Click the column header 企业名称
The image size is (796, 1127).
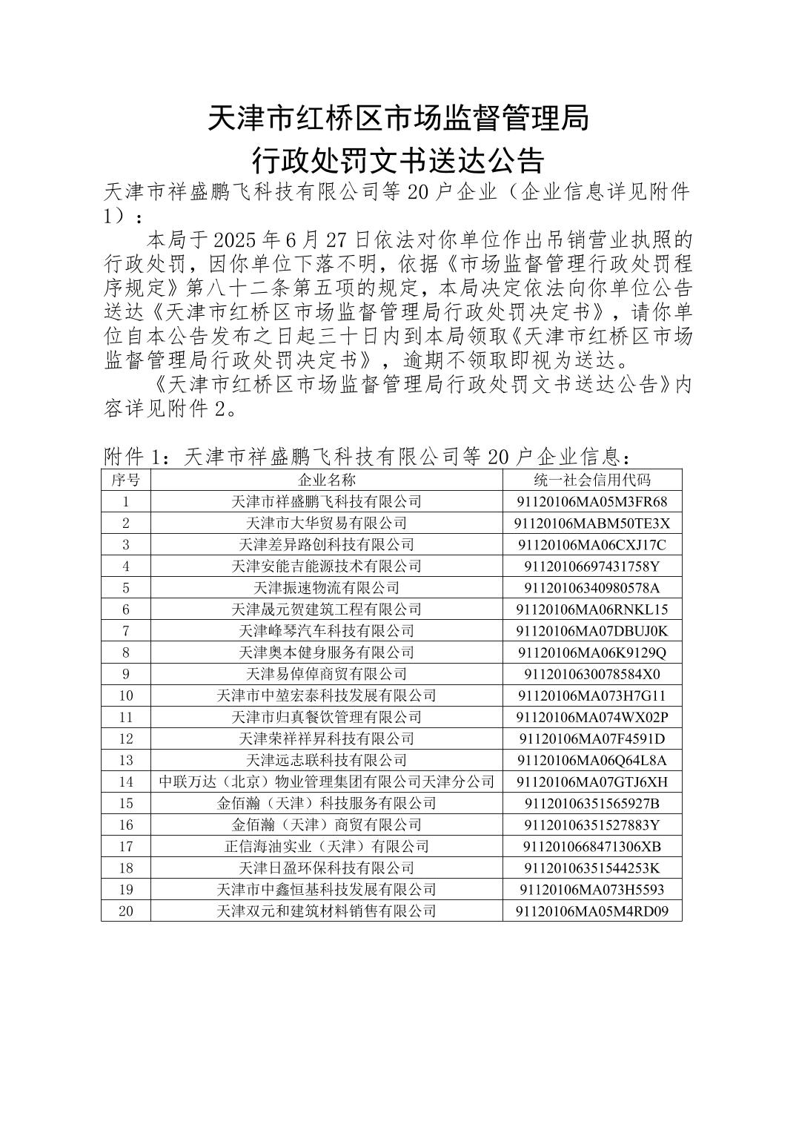click(x=326, y=480)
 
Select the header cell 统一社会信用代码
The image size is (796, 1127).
click(x=591, y=480)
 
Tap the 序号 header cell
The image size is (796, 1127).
click(x=126, y=480)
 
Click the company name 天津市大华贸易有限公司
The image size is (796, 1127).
click(x=326, y=523)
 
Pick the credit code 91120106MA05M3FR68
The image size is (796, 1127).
click(x=591, y=501)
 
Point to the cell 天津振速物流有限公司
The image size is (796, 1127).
click(x=326, y=587)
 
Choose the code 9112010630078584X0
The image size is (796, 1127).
click(x=591, y=674)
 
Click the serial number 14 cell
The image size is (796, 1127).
click(x=126, y=781)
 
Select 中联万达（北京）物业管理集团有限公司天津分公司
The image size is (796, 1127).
click(x=326, y=781)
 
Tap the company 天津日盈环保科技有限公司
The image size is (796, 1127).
click(x=326, y=867)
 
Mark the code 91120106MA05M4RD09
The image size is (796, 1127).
click(x=591, y=910)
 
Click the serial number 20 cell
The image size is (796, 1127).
click(x=126, y=910)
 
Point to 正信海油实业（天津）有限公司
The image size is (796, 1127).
click(x=326, y=846)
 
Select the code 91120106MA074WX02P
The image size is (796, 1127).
click(x=591, y=717)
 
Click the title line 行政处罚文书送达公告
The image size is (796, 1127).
click(x=398, y=159)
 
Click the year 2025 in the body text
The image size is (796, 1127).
click(x=234, y=239)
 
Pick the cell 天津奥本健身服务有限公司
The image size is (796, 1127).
click(x=326, y=652)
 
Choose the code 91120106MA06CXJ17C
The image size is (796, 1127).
click(x=591, y=544)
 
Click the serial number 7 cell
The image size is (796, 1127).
click(x=126, y=631)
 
